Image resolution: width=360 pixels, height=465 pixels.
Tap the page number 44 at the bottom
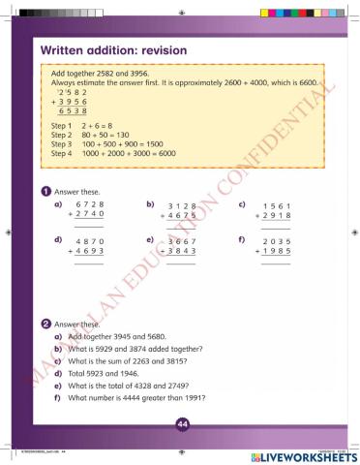181,423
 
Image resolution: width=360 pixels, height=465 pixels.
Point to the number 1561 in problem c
276,205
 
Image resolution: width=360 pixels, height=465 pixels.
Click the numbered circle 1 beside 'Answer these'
45,191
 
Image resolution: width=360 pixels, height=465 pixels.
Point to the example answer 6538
74,112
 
